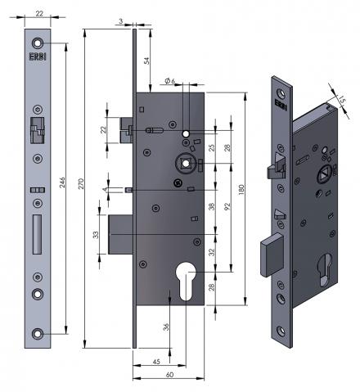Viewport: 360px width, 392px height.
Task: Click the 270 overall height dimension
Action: (x=79, y=187)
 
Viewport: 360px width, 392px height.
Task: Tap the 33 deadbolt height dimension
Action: (x=96, y=236)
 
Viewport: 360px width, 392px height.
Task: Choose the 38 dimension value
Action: (x=211, y=207)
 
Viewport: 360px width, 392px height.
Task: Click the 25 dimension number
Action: (x=211, y=147)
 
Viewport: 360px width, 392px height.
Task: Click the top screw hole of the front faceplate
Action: (x=36, y=43)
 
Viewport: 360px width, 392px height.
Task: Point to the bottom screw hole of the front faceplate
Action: (x=36, y=333)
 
